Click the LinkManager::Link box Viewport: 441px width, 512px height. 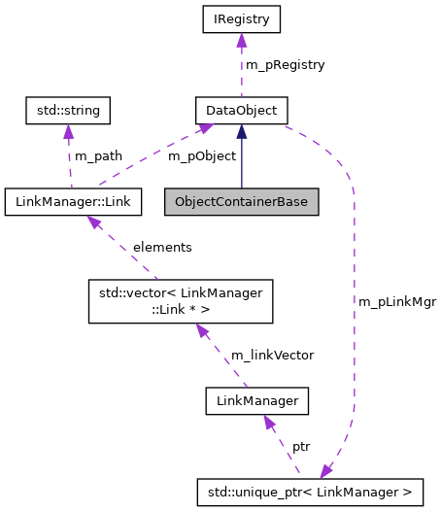pyautogui.click(x=74, y=202)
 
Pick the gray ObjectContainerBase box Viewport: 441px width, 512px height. pyautogui.click(x=242, y=202)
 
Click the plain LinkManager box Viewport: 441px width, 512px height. pyautogui.click(x=257, y=399)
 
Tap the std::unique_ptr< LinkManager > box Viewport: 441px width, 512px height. pyautogui.click(x=311, y=493)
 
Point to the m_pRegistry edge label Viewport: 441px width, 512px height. pyautogui.click(x=285, y=64)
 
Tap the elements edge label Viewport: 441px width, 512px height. pyautogui.click(x=162, y=248)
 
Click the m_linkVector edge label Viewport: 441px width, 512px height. pyautogui.click(x=272, y=355)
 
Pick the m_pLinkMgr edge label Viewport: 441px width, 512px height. pyautogui.click(x=397, y=301)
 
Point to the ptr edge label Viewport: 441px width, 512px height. pyautogui.click(x=302, y=446)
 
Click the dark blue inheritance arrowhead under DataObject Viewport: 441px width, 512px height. pyautogui.click(x=242, y=130)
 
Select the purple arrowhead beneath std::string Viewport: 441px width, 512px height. pyautogui.click(x=69, y=131)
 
